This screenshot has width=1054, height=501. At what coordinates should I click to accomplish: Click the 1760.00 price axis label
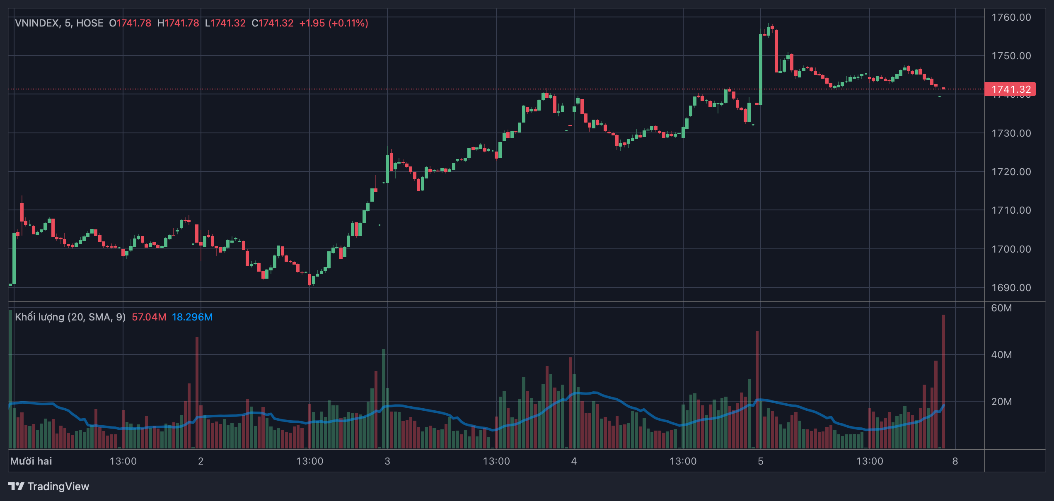pyautogui.click(x=1011, y=17)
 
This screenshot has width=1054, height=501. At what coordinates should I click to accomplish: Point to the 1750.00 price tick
pyautogui.click(x=1011, y=56)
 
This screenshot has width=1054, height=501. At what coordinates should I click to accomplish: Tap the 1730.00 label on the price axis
pyautogui.click(x=1011, y=133)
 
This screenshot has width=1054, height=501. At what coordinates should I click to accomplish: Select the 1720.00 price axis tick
pyautogui.click(x=1011, y=172)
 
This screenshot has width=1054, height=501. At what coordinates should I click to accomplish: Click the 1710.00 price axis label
pyautogui.click(x=1011, y=210)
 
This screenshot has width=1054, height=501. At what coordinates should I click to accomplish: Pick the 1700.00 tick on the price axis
pyautogui.click(x=1011, y=249)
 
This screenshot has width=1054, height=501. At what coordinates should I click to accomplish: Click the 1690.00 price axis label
pyautogui.click(x=1011, y=288)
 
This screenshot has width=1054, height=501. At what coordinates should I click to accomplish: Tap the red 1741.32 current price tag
pyautogui.click(x=1010, y=89)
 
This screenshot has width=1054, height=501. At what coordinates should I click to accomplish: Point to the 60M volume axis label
pyautogui.click(x=1001, y=308)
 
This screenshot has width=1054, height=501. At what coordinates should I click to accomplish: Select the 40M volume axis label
pyautogui.click(x=1001, y=355)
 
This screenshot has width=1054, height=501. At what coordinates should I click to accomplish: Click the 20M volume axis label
pyautogui.click(x=1001, y=402)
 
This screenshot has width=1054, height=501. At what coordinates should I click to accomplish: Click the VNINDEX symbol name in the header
pyautogui.click(x=37, y=23)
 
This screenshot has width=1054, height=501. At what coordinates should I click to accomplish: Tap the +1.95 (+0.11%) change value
pyautogui.click(x=334, y=23)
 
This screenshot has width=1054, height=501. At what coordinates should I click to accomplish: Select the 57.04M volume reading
pyautogui.click(x=149, y=317)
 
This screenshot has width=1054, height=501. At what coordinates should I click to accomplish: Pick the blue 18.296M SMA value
pyautogui.click(x=192, y=317)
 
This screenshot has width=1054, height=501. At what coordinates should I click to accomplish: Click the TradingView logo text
pyautogui.click(x=58, y=487)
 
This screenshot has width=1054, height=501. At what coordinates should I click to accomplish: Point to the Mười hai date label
pyautogui.click(x=31, y=461)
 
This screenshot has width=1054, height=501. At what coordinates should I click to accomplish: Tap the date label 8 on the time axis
pyautogui.click(x=955, y=461)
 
